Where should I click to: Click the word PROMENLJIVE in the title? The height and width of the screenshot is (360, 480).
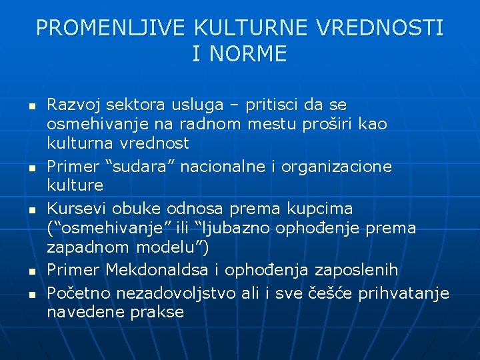pyautogui.click(x=111, y=27)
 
